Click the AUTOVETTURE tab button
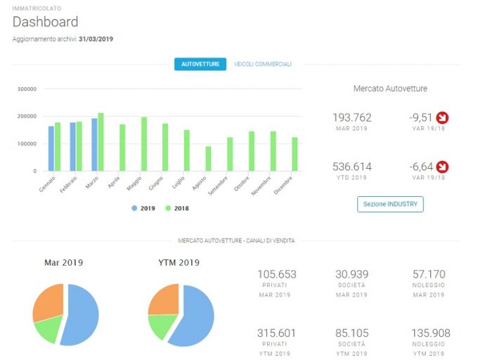[x=200, y=64]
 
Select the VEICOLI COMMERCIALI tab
[x=263, y=64]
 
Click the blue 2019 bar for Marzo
[x=94, y=144]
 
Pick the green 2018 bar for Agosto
[x=208, y=158]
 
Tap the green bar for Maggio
[x=144, y=144]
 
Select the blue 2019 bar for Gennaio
[x=51, y=148]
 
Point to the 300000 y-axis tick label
[x=27, y=89]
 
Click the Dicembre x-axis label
[x=283, y=186]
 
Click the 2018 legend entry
[x=177, y=208]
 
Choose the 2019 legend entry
[x=143, y=208]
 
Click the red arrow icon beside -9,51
[x=442, y=117]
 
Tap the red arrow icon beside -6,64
[x=442, y=167]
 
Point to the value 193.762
[x=351, y=117]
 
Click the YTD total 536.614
[x=351, y=167]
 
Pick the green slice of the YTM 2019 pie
[x=162, y=325]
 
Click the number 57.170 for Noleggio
[x=429, y=274]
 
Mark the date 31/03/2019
[x=96, y=39]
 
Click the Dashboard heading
[x=46, y=22]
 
